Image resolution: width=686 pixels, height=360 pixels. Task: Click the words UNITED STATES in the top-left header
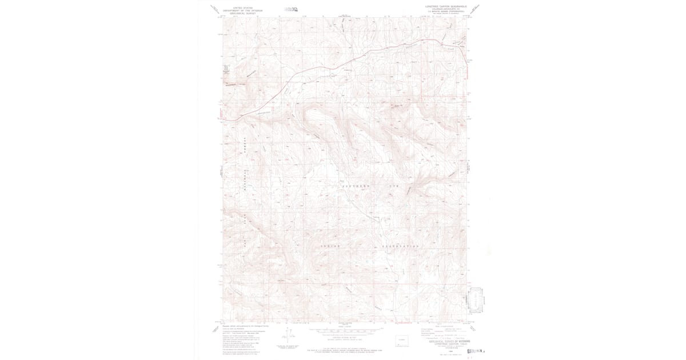240,4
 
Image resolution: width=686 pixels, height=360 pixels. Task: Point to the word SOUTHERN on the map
356,186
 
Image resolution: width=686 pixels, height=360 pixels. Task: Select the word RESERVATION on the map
401,246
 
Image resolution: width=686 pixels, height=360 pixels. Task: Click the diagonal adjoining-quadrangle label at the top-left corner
214,8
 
